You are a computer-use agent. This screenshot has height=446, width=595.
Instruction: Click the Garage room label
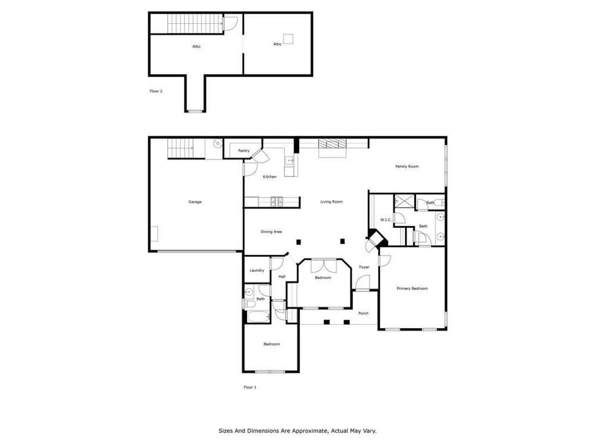195,202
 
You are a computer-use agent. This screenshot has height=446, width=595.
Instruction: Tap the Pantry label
243,150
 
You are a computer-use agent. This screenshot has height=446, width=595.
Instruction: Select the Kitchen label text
270,177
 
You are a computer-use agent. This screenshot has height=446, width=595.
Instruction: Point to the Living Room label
331,202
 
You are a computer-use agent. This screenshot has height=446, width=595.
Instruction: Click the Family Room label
407,166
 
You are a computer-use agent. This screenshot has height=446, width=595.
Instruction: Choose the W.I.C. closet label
386,220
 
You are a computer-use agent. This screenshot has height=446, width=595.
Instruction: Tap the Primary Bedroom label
412,288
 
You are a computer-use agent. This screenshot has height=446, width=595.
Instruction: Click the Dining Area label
271,232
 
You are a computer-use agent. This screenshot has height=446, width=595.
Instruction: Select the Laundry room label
257,271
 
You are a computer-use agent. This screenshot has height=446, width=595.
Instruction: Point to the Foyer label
364,267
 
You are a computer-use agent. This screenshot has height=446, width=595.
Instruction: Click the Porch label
363,313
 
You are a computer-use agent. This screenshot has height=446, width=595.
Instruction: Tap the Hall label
282,277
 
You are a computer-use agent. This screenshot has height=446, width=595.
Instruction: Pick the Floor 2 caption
156,91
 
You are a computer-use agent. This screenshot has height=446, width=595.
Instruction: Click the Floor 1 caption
250,387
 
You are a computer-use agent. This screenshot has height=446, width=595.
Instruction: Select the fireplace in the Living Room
333,144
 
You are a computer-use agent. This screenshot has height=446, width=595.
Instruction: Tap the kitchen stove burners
277,202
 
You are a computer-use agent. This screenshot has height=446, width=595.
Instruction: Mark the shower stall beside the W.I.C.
405,201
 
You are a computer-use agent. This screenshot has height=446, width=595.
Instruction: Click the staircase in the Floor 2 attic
195,24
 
